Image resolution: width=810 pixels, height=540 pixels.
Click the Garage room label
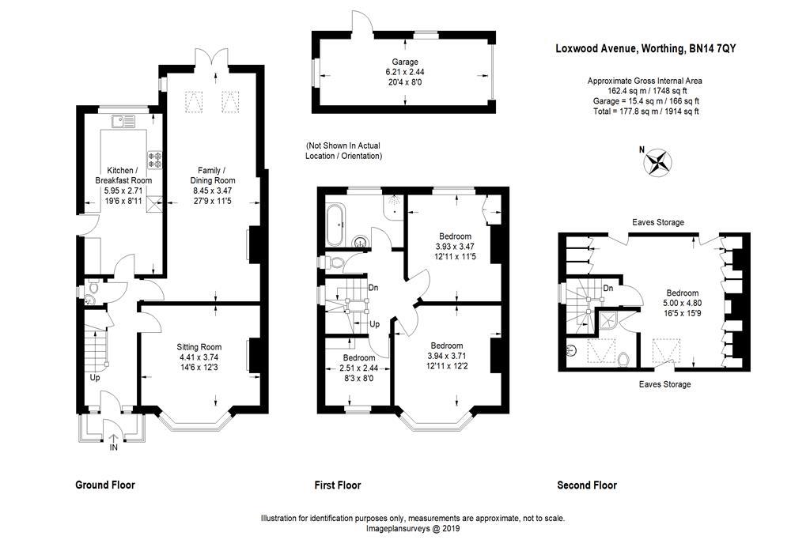pos(405,62)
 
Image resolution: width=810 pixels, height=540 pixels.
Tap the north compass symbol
pos(658,162)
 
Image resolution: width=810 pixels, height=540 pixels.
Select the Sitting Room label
pos(199,347)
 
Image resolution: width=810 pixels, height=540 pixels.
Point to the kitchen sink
pos(123,121)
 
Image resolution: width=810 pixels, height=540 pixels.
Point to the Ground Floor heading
pos(104,485)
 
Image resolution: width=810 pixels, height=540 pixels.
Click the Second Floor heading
pos(587,485)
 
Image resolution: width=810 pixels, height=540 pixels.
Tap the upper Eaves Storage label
pos(657,223)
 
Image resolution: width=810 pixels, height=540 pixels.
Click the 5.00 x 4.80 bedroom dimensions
pos(681,301)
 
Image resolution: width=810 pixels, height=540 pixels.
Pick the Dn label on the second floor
pos(608,289)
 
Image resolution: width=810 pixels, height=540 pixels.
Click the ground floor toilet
pos(93,289)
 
